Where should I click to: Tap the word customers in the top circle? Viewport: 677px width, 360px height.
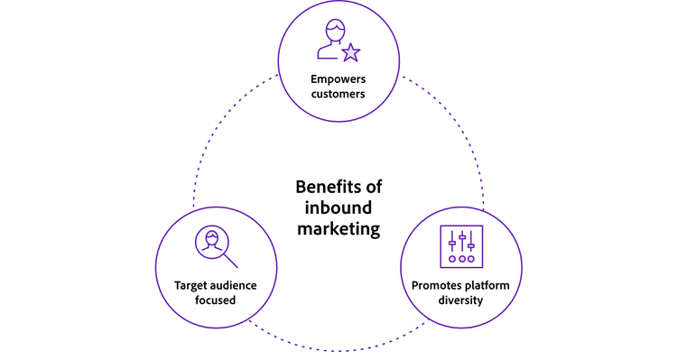point(338,94)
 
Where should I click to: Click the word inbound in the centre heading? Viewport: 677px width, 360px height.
point(338,208)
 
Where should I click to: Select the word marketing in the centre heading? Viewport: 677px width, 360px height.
point(338,229)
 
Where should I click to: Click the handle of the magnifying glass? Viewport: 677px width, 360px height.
point(230,261)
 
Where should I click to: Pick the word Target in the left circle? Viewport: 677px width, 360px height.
point(191,285)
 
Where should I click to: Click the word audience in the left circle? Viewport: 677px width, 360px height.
point(234,285)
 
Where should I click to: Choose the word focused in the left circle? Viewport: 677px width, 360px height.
point(214,301)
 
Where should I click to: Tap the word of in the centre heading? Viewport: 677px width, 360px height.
point(372,188)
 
